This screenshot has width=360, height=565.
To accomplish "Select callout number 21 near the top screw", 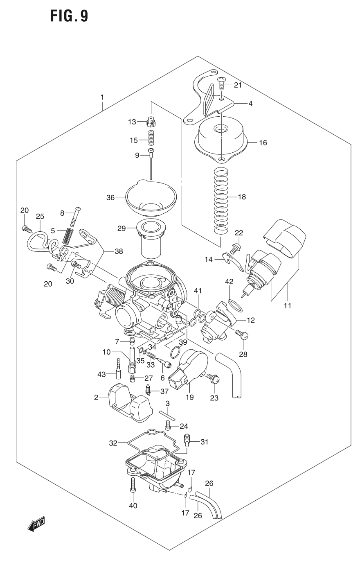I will pos(238,85).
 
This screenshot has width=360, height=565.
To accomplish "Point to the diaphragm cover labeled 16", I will pos(221,139).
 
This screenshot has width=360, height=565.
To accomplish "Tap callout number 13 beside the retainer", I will pos(131,122).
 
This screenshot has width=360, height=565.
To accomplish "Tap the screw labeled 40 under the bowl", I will pos(133,486).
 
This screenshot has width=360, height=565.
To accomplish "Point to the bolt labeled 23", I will pos(213,379).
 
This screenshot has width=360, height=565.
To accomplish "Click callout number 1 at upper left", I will pos(102,97).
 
